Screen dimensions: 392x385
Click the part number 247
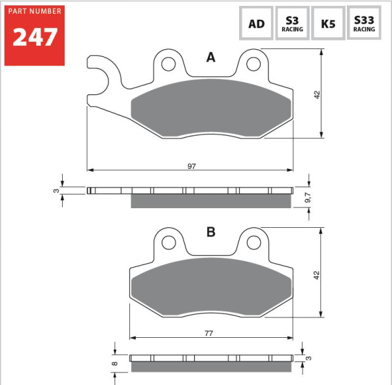click(x=35, y=37)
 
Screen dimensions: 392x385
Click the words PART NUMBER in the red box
click(x=35, y=11)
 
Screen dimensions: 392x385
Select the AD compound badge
click(x=256, y=23)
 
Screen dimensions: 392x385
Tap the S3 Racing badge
click(x=292, y=23)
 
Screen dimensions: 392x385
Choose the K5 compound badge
click(x=328, y=23)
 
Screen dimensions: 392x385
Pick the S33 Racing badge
click(x=364, y=23)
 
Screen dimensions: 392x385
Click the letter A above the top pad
click(x=211, y=58)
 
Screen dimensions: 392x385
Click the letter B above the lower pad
click(x=211, y=232)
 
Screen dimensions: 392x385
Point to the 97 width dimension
click(x=191, y=166)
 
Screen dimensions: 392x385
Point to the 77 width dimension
click(x=209, y=333)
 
